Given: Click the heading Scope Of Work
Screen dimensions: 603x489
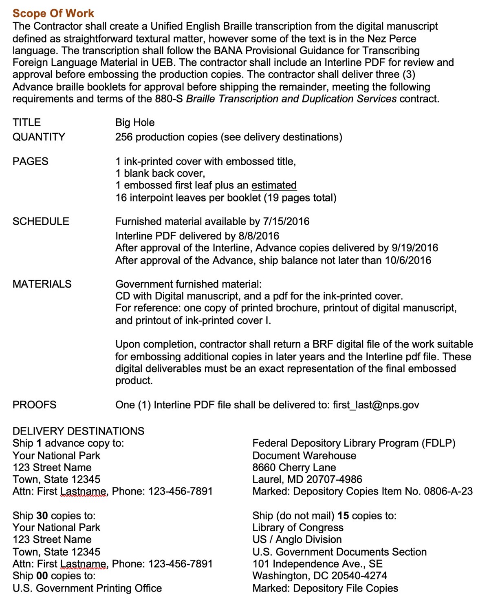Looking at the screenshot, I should pyautogui.click(x=53, y=13).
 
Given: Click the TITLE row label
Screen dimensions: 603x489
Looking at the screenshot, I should pyautogui.click(x=26, y=122).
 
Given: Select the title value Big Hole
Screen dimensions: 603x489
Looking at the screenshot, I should pyautogui.click(x=135, y=122).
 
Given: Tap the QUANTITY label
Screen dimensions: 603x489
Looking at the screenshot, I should pyautogui.click(x=39, y=137).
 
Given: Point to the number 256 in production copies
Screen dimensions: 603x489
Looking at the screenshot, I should pyautogui.click(x=124, y=137).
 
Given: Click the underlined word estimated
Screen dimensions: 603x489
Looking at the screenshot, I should pyautogui.click(x=274, y=185).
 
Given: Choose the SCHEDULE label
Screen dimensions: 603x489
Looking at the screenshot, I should pyautogui.click(x=41, y=222).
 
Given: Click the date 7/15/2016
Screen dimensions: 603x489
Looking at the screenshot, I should pyautogui.click(x=286, y=222).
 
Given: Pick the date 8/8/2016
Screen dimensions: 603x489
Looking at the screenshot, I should pyautogui.click(x=259, y=236).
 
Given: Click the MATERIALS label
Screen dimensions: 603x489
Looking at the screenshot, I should pyautogui.click(x=42, y=284).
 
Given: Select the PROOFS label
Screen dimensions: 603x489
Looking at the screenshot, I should pyautogui.click(x=35, y=405).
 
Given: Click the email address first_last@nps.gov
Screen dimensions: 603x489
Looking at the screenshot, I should pyautogui.click(x=376, y=405).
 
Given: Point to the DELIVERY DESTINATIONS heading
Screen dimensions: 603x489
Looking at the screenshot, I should pyautogui.click(x=78, y=431).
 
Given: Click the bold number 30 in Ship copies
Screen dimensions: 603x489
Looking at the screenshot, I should pyautogui.click(x=42, y=516).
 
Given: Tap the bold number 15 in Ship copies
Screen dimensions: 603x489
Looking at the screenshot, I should pyautogui.click(x=343, y=516).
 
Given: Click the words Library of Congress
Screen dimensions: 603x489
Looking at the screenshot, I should pyautogui.click(x=298, y=528).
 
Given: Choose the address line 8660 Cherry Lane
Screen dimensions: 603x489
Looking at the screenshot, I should pyautogui.click(x=294, y=468).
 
